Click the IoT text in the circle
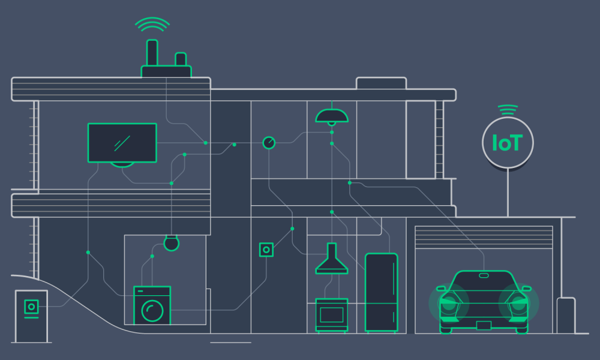click(507, 143)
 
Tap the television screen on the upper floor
click(122, 143)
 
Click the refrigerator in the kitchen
click(381, 292)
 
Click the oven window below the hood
click(331, 314)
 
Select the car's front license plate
click(484, 325)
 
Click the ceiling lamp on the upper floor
click(332, 116)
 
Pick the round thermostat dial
click(269, 143)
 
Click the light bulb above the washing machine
click(172, 244)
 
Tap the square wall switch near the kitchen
click(266, 249)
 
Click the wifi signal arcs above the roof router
click(152, 25)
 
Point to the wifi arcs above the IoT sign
click(508, 110)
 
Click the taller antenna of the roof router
click(152, 53)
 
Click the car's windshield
click(484, 282)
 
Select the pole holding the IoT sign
click(508, 193)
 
